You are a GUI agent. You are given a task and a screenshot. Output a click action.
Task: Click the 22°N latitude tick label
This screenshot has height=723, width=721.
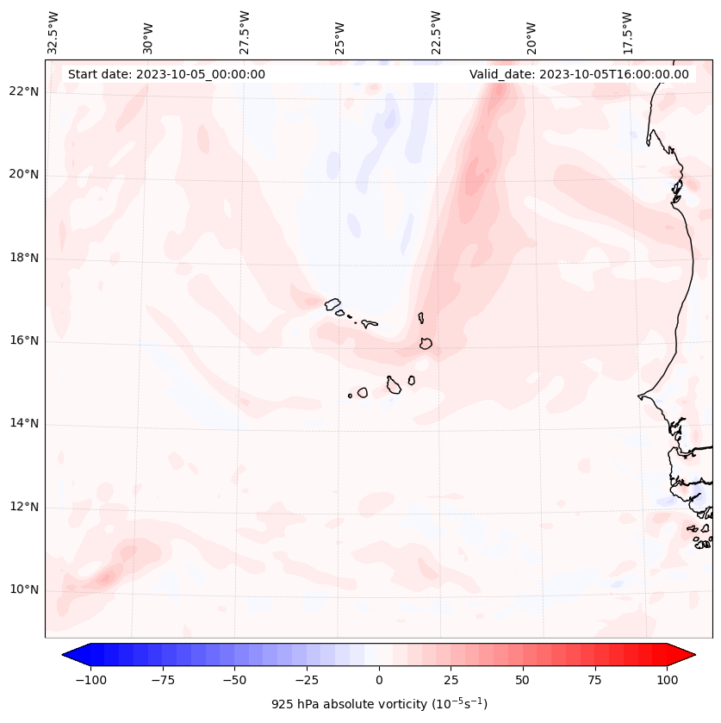point(24,92)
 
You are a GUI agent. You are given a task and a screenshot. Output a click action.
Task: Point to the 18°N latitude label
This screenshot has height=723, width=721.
point(24,258)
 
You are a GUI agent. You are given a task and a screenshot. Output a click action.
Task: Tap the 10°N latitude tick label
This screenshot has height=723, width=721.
point(24,589)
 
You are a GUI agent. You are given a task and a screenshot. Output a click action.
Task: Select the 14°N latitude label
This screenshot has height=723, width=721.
point(24,423)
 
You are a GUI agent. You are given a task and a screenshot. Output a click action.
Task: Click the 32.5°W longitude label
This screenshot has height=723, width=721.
point(53,33)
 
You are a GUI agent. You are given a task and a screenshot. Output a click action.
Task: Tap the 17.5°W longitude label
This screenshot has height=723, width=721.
point(628,33)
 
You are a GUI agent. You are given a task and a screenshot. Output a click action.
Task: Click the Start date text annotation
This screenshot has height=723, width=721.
point(166,74)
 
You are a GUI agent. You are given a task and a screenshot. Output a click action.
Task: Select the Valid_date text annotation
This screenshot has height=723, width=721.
point(579,74)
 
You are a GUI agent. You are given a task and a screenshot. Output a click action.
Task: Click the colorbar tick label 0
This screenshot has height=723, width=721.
point(379,680)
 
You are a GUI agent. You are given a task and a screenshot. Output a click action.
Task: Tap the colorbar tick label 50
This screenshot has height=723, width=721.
point(522,680)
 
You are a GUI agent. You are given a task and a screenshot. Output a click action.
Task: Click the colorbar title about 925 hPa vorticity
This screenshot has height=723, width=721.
point(379,704)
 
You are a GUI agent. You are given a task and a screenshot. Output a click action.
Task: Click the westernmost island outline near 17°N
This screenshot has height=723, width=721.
point(333,303)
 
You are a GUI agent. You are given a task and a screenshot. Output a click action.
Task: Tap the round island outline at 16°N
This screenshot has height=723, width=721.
point(426,343)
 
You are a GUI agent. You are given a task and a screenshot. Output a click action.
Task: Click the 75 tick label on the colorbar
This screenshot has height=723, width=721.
point(594,680)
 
